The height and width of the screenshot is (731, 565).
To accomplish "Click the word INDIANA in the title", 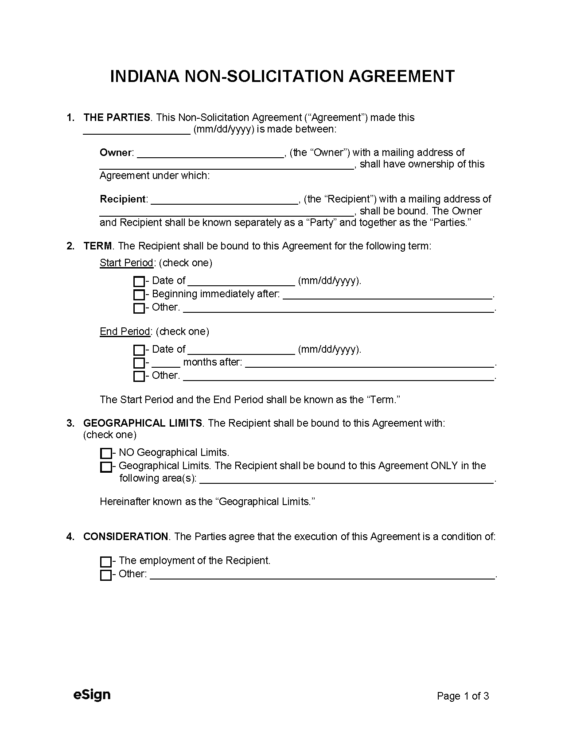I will pos(144,76).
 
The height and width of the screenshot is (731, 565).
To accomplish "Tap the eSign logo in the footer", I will pos(92,695).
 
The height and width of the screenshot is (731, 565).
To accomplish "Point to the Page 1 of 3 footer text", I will pos(463,696).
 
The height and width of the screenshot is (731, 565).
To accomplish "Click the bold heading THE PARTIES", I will pos(117,117).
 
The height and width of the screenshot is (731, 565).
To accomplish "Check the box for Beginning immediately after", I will pos(139,295).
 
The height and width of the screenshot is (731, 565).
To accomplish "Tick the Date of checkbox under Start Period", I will pos(139,281).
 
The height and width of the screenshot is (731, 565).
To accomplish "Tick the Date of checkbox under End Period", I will pos(139,350).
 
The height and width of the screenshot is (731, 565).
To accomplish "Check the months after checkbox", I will pos(139,363).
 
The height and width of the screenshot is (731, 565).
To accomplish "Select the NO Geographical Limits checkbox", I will pos(106,453).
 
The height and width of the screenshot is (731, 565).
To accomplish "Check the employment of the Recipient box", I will pos(106,562).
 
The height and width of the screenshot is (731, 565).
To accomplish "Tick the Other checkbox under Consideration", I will pos(106,575).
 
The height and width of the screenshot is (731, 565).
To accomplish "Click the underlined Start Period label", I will pos(126,263).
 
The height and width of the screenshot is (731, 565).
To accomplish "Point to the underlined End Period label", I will pos(125,331).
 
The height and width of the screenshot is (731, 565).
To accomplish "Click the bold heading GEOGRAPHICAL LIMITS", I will pos(143,423).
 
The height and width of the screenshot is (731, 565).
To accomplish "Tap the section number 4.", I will pos(70,537).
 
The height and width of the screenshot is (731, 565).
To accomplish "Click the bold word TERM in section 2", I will pos(97,246).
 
